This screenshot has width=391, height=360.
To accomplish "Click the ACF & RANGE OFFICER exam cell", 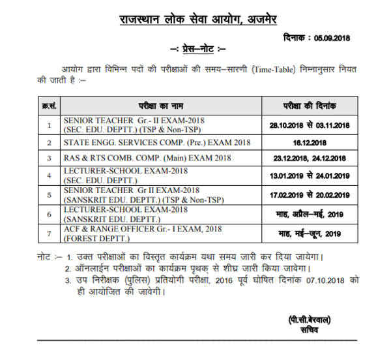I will (143, 233).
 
